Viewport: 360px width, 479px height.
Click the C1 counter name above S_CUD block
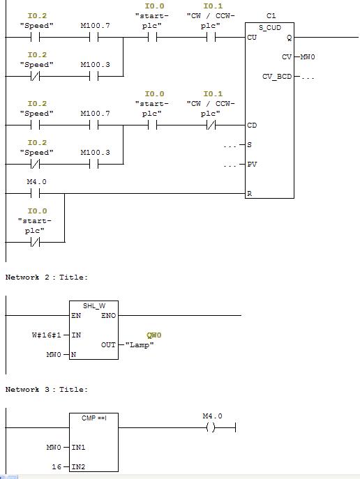click(x=271, y=15)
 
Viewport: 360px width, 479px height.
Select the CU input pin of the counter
click(x=252, y=37)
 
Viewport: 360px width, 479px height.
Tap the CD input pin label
click(x=252, y=126)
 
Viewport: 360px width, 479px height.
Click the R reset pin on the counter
click(x=249, y=193)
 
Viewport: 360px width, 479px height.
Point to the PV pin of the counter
click(x=252, y=165)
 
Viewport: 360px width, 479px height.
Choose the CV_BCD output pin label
click(x=277, y=77)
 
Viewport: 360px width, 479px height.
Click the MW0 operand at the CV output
click(x=308, y=56)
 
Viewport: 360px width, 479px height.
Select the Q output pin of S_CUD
click(x=289, y=38)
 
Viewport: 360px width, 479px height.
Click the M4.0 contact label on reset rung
click(x=37, y=182)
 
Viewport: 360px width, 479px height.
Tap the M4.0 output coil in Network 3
click(x=211, y=427)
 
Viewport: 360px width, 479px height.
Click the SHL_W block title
click(x=94, y=305)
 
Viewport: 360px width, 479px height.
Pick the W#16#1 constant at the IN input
click(x=47, y=335)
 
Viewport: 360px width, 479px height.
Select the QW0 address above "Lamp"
click(x=153, y=335)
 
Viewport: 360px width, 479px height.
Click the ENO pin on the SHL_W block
click(x=109, y=316)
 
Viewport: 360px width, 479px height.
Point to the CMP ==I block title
click(x=93, y=418)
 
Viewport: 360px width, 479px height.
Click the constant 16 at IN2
click(x=57, y=466)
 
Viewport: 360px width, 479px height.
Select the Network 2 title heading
click(x=47, y=277)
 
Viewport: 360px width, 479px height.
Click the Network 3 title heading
click(x=47, y=390)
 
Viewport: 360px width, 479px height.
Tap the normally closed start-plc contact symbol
click(x=36, y=242)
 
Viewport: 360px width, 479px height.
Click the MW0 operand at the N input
click(x=54, y=355)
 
